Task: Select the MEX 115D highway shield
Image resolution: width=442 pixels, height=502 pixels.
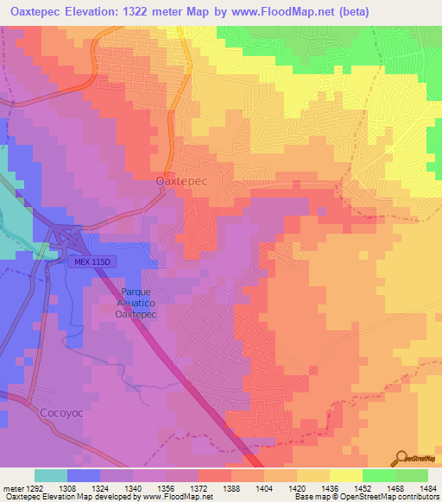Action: pos(90,261)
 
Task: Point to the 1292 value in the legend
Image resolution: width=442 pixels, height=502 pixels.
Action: pos(29,487)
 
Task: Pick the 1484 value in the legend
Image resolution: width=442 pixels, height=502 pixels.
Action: pos(427,487)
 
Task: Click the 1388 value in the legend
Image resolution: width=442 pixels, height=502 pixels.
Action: pos(230,487)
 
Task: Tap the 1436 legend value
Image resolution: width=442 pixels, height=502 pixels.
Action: pos(329,487)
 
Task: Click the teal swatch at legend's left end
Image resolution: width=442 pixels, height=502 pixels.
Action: pos(51,475)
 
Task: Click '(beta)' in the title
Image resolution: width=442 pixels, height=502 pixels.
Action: pos(353,12)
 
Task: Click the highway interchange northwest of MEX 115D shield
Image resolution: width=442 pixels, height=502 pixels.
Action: pos(66,234)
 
